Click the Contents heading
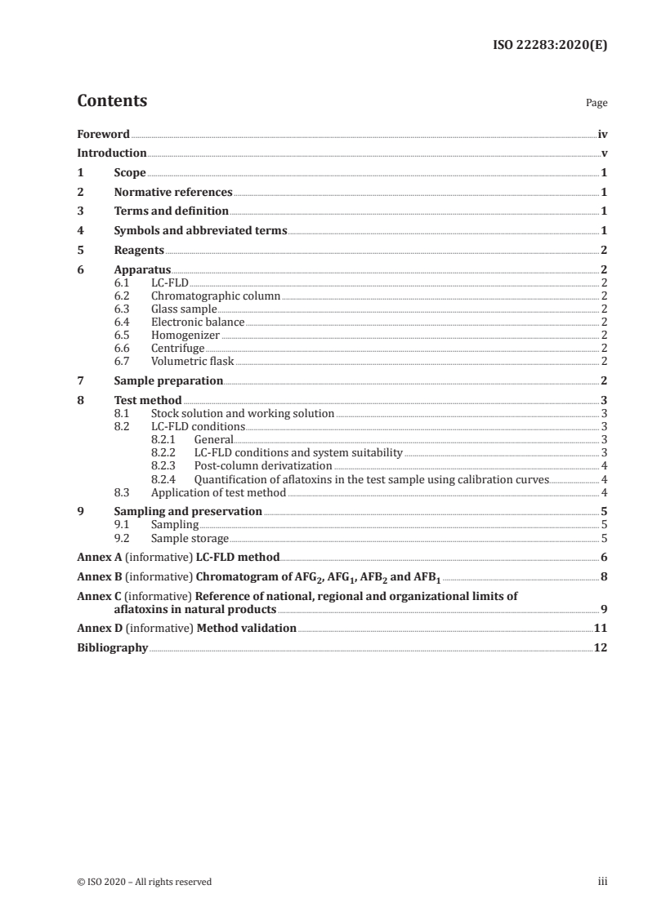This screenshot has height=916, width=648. tap(112, 101)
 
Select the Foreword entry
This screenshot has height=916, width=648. tap(103, 134)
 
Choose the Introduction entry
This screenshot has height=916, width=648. tap(112, 153)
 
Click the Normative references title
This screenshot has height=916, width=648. tap(173, 193)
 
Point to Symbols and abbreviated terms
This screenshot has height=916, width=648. tap(200, 231)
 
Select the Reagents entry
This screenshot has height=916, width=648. tap(139, 251)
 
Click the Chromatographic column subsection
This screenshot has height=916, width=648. tap(216, 296)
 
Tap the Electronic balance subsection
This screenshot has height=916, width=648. tap(198, 322)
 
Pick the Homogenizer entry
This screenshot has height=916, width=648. tap(185, 335)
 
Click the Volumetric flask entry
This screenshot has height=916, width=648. tap(193, 361)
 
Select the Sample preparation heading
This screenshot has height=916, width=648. tap(168, 380)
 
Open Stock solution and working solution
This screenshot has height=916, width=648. tap(243, 414)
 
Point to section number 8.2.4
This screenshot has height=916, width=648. tap(167, 479)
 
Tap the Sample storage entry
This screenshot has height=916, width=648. tap(190, 538)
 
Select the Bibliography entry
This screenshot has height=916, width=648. tap(113, 648)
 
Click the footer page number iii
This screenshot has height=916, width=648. tap(602, 882)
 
